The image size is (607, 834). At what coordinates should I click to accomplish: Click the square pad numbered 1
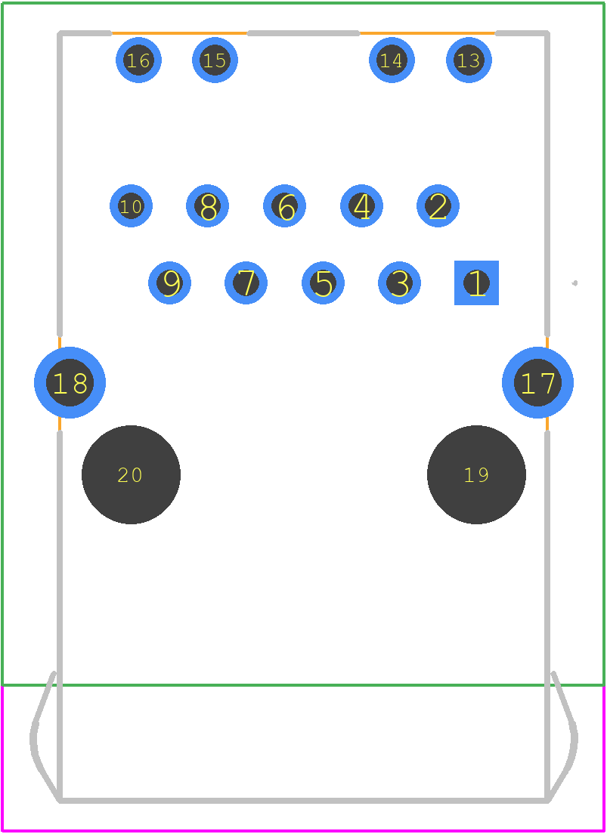pos(476,283)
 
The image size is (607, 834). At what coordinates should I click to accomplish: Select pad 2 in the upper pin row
pos(438,205)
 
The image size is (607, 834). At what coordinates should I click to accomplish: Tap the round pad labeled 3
pos(399,283)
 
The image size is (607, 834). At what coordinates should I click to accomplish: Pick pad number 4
pos(361,205)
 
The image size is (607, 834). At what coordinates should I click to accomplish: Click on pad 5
pos(323,283)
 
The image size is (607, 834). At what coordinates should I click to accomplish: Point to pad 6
pos(284,205)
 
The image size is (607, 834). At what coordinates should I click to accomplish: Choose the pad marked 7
pos(246,283)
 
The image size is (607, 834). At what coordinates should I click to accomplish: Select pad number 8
pos(207,205)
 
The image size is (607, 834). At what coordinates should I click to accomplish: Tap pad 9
pos(169,283)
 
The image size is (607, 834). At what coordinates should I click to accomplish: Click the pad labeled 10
pos(131,205)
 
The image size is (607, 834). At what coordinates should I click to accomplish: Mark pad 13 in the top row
pos(469,60)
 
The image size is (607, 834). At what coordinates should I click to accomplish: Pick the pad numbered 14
pos(392,60)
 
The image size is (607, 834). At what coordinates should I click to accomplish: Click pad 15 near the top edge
pos(215,60)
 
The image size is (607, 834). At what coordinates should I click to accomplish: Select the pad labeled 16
pos(138,60)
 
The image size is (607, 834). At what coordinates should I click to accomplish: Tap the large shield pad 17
pos(537,382)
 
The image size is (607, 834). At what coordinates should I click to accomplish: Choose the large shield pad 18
pos(70,382)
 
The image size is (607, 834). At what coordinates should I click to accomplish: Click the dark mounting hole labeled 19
pos(476,474)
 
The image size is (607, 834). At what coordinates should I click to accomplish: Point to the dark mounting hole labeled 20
pos(131,474)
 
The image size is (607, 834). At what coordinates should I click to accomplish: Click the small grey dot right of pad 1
pos(574,283)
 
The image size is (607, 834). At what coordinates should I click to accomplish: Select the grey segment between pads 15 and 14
pos(304,33)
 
